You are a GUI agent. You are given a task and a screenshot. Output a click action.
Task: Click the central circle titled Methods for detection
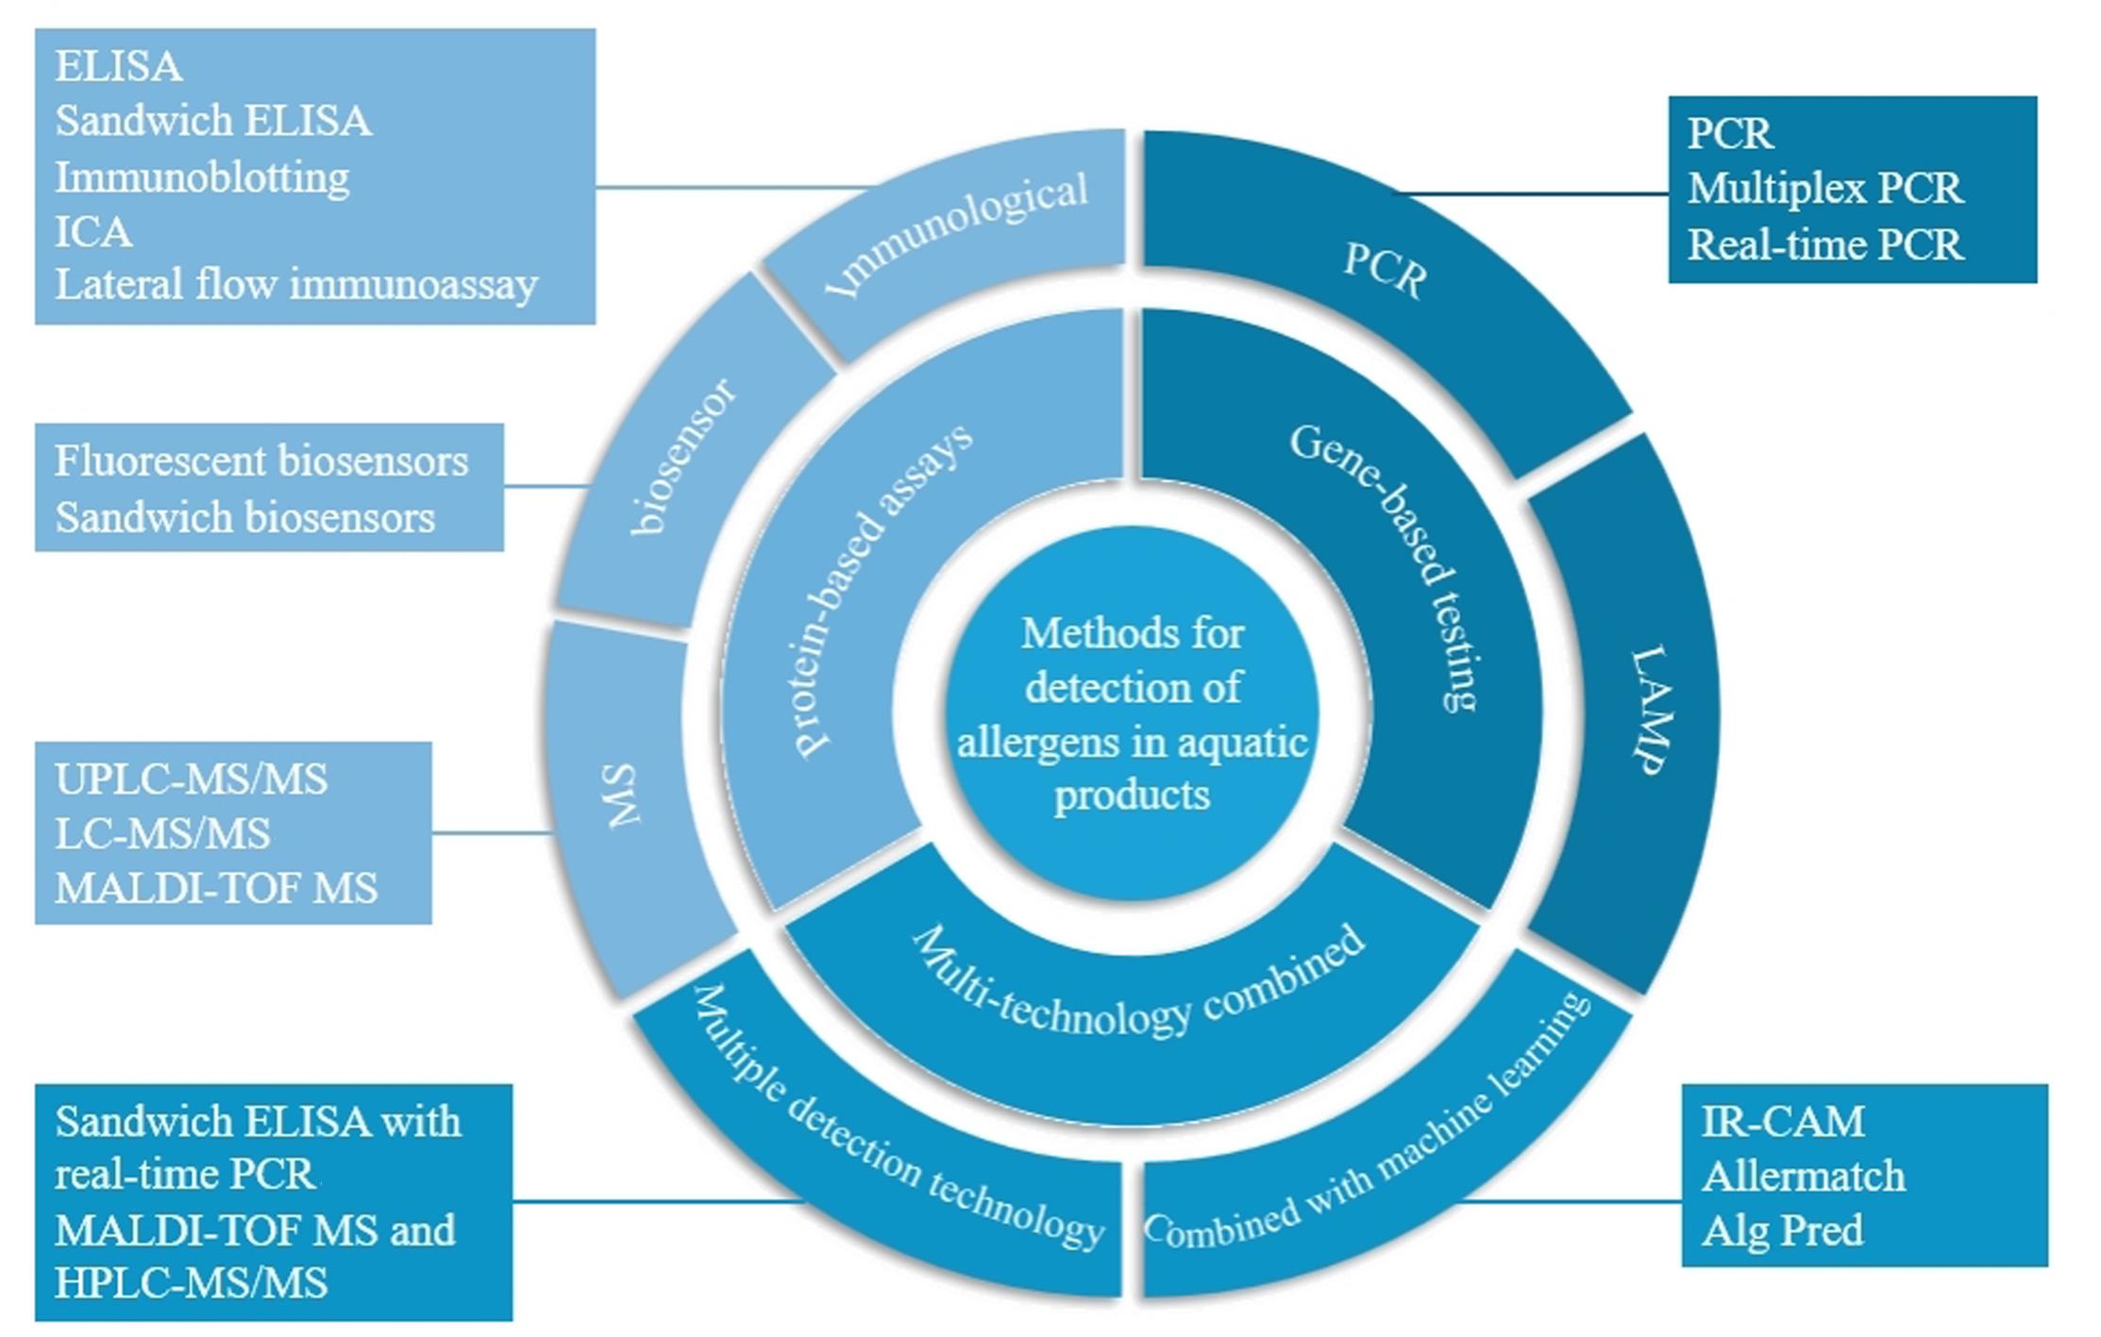point(1132,712)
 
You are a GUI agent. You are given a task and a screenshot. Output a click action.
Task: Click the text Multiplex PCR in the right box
point(1824,189)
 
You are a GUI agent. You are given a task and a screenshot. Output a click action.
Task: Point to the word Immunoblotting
point(202,177)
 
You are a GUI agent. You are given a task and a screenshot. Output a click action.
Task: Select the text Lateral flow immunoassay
point(296,285)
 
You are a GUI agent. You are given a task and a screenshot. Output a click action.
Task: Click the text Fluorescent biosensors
point(261,461)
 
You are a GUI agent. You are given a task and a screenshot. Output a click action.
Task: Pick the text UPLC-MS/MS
point(192,779)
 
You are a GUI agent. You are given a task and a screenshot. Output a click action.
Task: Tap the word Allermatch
point(1803,1177)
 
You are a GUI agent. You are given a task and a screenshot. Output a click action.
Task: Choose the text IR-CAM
point(1782,1122)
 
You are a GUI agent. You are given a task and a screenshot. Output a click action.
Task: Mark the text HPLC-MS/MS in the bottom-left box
point(192,1283)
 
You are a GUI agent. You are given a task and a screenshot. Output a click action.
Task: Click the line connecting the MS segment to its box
point(491,833)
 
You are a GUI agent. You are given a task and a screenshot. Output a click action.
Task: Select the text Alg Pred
point(1782,1230)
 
